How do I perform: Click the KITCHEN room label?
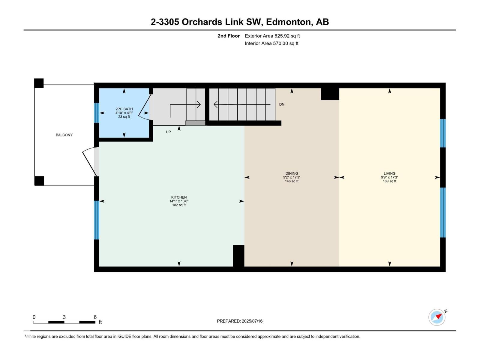point(179,197)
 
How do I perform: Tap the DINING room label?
point(292,173)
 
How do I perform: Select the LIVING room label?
point(389,173)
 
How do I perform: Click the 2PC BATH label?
point(124,109)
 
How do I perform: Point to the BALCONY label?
point(64,135)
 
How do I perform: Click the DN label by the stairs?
point(281,104)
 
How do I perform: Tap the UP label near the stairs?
point(168,132)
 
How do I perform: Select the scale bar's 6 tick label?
point(95,317)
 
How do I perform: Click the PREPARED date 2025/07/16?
point(252,321)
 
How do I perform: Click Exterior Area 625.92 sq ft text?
point(272,36)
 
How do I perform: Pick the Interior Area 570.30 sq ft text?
point(271,43)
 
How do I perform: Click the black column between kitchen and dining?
point(238,256)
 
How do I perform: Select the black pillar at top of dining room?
point(330,94)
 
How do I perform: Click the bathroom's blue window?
point(97,113)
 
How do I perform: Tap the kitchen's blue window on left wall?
point(97,220)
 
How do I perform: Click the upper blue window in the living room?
point(442,133)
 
